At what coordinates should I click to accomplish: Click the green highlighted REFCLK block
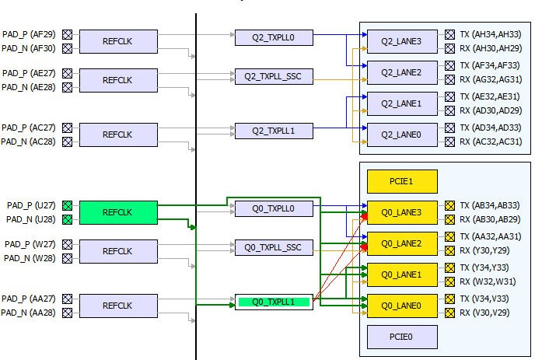pos(118,212)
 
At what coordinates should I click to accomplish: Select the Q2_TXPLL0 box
pos(274,37)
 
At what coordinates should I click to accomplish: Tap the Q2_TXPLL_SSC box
pos(274,76)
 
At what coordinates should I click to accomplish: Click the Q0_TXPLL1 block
pos(274,302)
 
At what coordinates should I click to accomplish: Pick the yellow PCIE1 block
pos(402,181)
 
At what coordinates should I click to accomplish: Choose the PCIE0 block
pos(402,337)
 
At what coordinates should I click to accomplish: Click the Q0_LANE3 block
pos(402,212)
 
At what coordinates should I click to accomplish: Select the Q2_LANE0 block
pos(402,135)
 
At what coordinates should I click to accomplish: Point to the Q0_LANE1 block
pos(402,274)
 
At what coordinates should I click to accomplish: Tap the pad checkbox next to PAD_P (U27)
pos(67,205)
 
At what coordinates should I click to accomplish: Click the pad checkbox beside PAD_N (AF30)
pos(67,48)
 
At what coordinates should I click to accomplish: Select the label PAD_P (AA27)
pos(29,299)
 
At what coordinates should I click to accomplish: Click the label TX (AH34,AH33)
pos(490,34)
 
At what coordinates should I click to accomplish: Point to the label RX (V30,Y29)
pos(484,313)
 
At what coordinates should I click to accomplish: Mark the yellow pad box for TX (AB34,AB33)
pos(449,205)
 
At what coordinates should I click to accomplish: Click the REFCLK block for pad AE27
pos(118,79)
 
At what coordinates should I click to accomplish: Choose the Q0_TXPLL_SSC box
pos(274,247)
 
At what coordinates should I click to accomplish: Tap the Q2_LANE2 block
pos(402,72)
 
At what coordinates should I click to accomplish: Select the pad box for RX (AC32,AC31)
pos(449,142)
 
